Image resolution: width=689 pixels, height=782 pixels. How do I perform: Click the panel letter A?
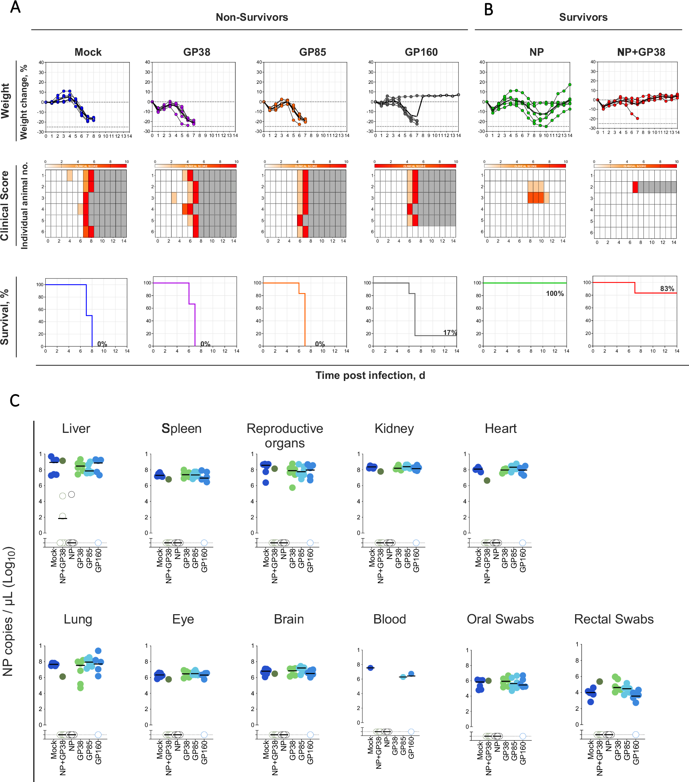pos(15,7)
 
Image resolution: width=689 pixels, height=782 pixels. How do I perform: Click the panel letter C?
pos(15,401)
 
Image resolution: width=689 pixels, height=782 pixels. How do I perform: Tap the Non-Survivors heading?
pos(251,17)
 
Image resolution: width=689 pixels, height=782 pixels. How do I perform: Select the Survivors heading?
pos(583,17)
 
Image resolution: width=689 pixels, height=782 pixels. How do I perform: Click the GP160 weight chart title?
pos(421,52)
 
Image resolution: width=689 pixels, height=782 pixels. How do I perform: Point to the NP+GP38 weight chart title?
pos(641,52)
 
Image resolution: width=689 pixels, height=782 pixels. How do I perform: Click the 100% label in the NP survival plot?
pos(555,293)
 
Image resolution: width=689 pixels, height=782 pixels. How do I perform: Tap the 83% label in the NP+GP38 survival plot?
pos(667,289)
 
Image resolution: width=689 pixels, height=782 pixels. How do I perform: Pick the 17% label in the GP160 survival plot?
pos(450,333)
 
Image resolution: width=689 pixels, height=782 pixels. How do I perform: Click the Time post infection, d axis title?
pos(370,375)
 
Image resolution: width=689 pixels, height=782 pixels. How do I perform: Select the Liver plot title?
pos(76,428)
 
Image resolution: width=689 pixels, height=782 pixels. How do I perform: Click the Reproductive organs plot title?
pos(285,435)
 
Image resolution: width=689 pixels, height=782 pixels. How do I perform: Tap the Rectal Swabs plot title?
pos(614,619)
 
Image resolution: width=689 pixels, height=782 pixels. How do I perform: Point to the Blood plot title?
pos(389,619)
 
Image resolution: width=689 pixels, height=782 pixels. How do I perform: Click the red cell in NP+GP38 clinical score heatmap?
pos(635,187)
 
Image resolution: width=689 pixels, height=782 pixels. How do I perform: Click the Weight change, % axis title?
pos(24,102)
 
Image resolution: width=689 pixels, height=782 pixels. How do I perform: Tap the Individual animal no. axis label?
pos(24,206)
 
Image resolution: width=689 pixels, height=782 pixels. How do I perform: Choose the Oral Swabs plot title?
pos(500,619)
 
